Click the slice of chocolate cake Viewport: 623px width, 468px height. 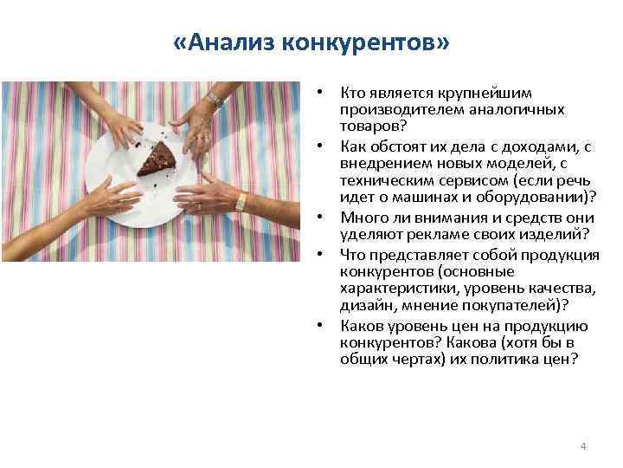coord(157,159)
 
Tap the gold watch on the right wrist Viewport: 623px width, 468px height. coord(240,201)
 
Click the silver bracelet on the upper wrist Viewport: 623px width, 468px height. coord(214,101)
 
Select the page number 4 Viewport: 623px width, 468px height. coord(583,445)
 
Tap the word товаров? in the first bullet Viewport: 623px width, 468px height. coord(369,125)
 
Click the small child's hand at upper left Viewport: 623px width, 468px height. coord(122,129)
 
